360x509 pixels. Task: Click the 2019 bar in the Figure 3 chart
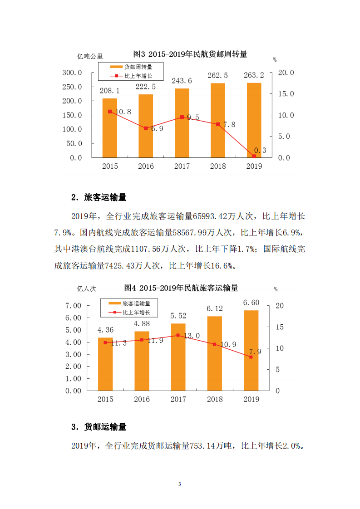(254, 120)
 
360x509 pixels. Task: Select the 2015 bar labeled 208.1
(109, 128)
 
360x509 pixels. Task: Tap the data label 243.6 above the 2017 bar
(182, 81)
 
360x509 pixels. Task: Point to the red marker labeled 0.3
(254, 156)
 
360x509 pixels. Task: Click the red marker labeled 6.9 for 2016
(146, 128)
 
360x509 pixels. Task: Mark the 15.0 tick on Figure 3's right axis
(286, 94)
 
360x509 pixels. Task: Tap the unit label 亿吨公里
(90, 57)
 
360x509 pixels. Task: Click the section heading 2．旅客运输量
(99, 198)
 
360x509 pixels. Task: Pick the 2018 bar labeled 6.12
(215, 353)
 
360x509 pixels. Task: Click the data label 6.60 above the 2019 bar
(251, 303)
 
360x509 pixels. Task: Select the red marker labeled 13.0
(178, 335)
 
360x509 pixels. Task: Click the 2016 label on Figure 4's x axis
(142, 400)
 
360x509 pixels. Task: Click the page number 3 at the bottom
(180, 485)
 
